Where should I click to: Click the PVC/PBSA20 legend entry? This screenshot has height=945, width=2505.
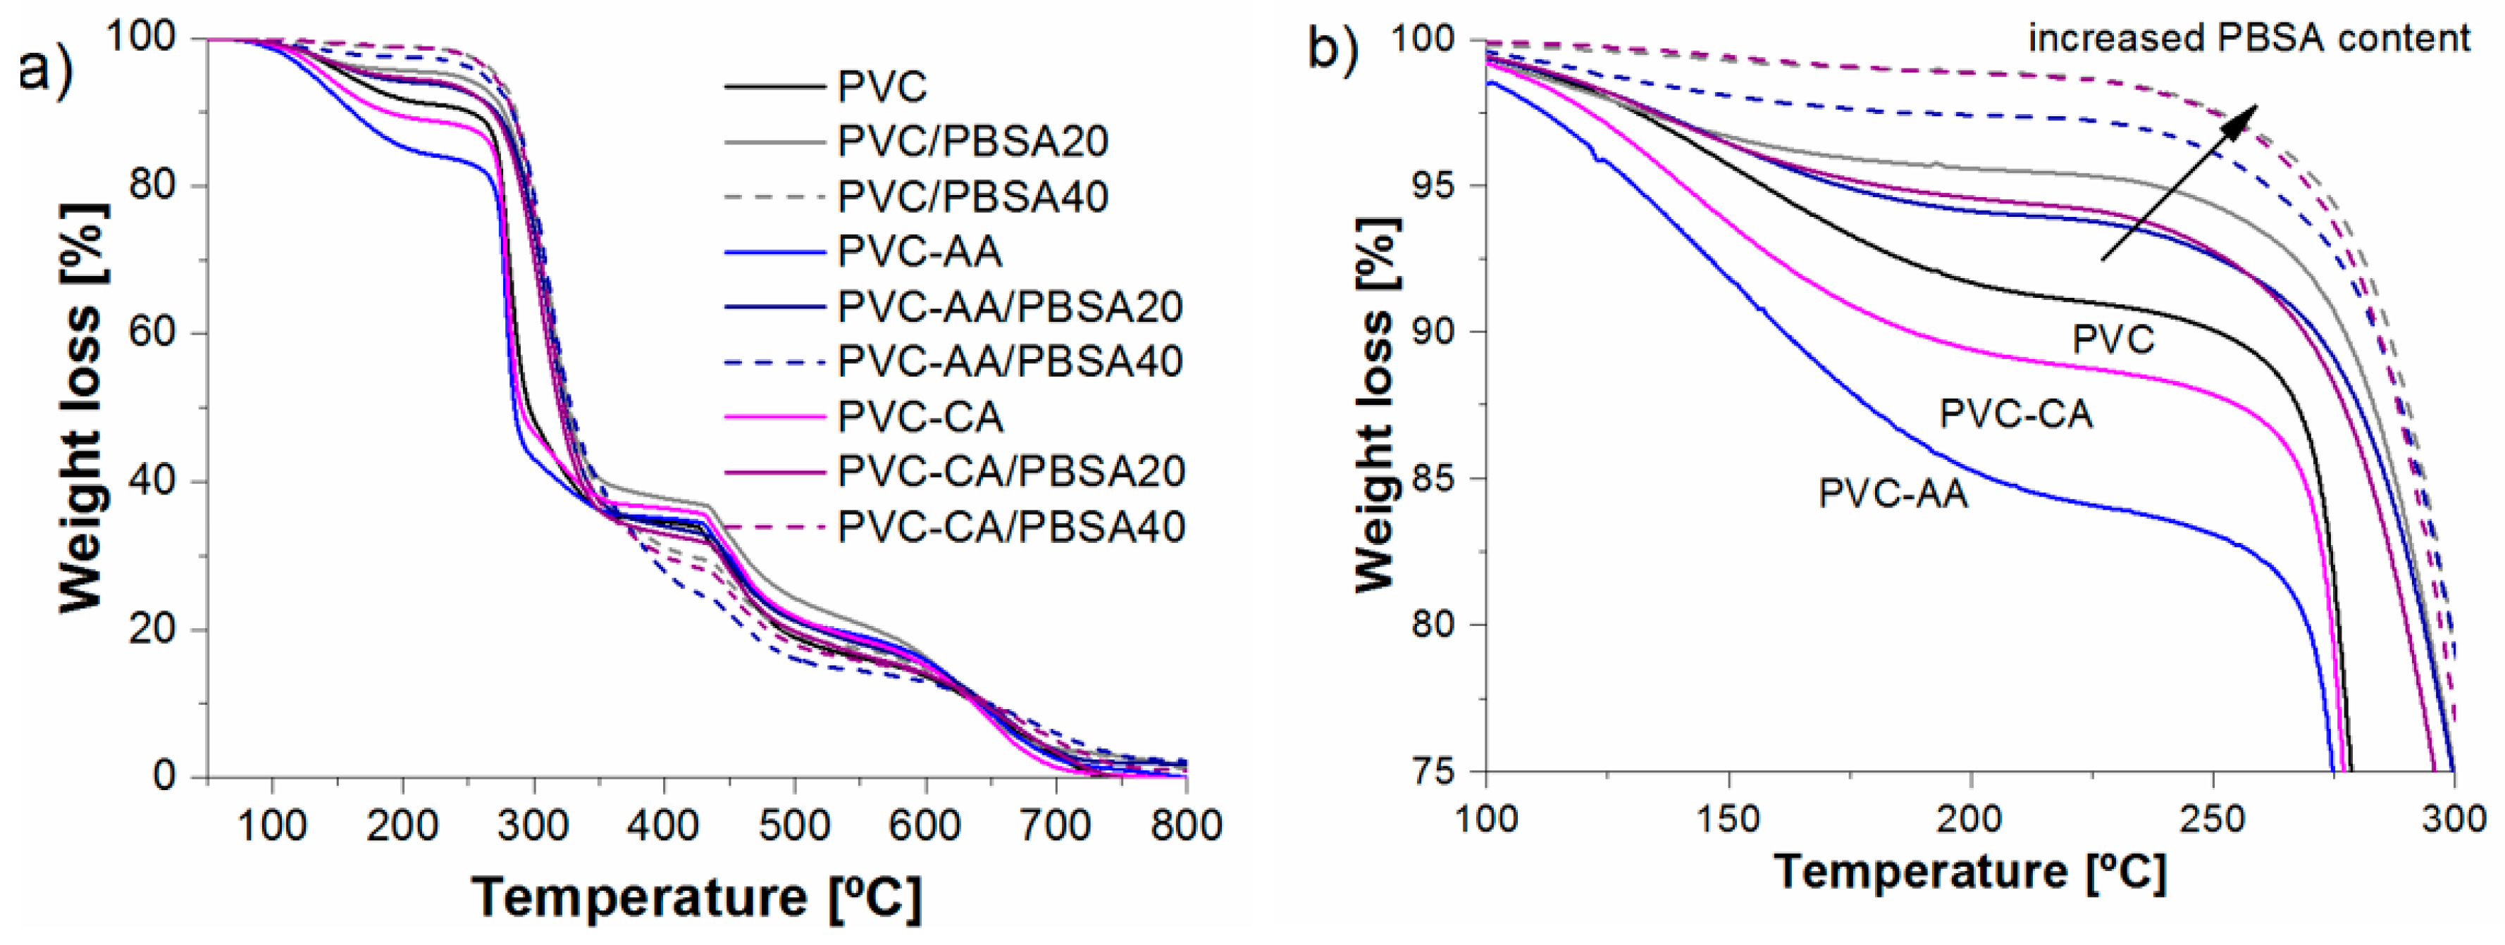tap(972, 143)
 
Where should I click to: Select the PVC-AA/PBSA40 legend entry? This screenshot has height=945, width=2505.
tap(1009, 362)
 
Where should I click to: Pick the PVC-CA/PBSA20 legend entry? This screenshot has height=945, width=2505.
tap(1011, 472)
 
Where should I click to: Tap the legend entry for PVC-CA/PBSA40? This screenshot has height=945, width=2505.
tap(1011, 527)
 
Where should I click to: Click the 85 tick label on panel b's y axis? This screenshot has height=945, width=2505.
tap(1435, 478)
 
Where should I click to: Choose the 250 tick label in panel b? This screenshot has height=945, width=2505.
tap(2213, 819)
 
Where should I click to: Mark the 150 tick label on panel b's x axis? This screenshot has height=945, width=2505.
tap(1729, 819)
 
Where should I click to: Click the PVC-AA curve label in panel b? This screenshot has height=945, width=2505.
tap(1893, 494)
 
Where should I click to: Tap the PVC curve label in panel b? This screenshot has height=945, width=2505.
tap(2113, 339)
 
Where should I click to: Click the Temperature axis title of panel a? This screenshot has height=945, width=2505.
tap(696, 896)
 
